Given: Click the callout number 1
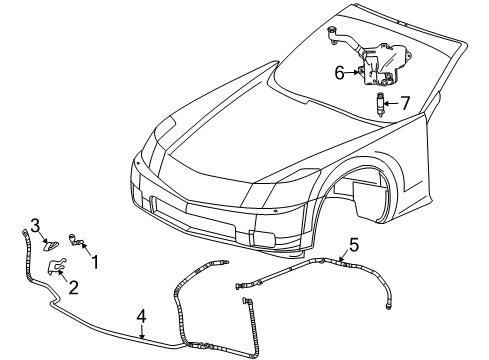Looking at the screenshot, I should point(95,264).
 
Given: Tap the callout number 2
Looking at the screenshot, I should point(74,288).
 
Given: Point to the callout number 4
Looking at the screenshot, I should point(142,317).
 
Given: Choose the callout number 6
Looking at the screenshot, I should point(339,72).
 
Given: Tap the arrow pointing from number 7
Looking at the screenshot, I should point(392,101).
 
